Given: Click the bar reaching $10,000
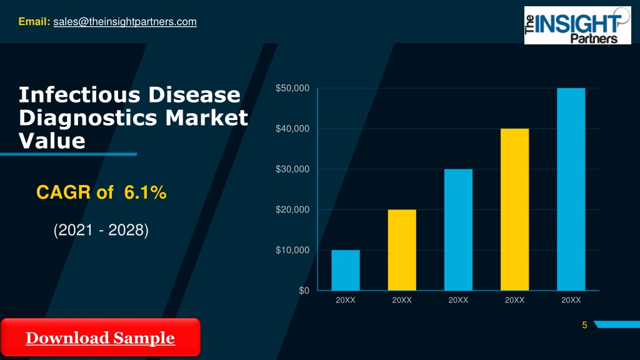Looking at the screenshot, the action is pyautogui.click(x=345, y=270).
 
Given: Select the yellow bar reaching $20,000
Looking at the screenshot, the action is pyautogui.click(x=402, y=250).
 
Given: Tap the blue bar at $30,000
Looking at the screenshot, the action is pyautogui.click(x=458, y=230).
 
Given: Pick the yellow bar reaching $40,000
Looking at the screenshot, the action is pyautogui.click(x=515, y=209).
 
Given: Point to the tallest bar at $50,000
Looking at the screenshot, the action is pyautogui.click(x=571, y=189).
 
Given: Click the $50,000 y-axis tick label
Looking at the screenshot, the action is pyautogui.click(x=292, y=88).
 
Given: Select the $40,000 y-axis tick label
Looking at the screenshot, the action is pyautogui.click(x=292, y=129).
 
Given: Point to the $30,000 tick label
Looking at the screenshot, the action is pyautogui.click(x=292, y=169).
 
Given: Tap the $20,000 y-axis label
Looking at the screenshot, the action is pyautogui.click(x=292, y=209).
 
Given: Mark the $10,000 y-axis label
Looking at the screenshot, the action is pyautogui.click(x=292, y=250).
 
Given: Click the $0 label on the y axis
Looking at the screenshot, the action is pyautogui.click(x=304, y=291).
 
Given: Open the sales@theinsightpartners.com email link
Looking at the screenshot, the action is pyautogui.click(x=125, y=22).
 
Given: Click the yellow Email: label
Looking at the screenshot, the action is pyautogui.click(x=34, y=21).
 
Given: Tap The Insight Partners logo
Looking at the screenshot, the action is pyautogui.click(x=577, y=25).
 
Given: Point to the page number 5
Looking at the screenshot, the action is pyautogui.click(x=584, y=325).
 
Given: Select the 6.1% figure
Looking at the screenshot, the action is pyautogui.click(x=145, y=192).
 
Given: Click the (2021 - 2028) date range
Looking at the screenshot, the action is pyautogui.click(x=101, y=230).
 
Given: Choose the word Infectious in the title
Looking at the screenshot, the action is pyautogui.click(x=79, y=95).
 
